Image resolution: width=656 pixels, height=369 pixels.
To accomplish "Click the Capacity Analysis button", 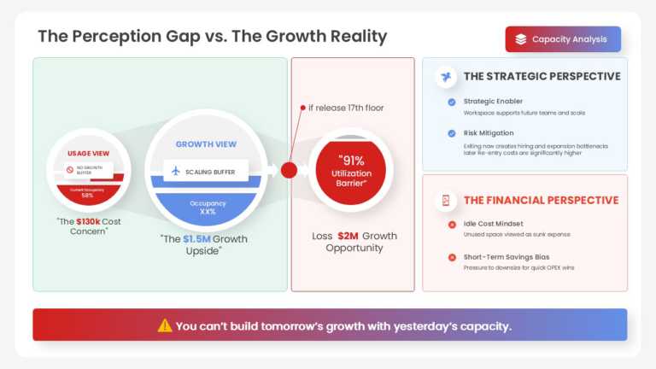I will [x=563, y=39].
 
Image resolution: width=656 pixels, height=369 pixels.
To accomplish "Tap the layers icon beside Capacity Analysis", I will [x=521, y=39].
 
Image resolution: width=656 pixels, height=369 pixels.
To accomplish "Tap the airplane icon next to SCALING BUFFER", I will [x=176, y=171].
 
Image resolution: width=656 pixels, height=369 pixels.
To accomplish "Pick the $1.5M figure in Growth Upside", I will [x=196, y=239].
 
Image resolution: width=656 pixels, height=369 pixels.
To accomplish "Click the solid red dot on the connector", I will [x=289, y=170].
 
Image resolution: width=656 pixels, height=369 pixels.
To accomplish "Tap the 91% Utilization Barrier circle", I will [x=350, y=170].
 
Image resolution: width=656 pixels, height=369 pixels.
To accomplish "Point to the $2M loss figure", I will [x=347, y=236].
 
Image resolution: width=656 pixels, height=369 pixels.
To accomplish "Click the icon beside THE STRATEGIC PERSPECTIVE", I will [x=445, y=77].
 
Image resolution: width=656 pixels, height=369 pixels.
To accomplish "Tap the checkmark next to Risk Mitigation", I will [x=451, y=133].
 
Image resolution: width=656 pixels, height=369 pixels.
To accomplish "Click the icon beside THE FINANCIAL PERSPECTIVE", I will [x=445, y=201].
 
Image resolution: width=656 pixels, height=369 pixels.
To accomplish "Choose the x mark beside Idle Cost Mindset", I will [x=451, y=224].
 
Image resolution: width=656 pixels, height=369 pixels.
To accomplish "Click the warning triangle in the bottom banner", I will [x=165, y=325].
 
